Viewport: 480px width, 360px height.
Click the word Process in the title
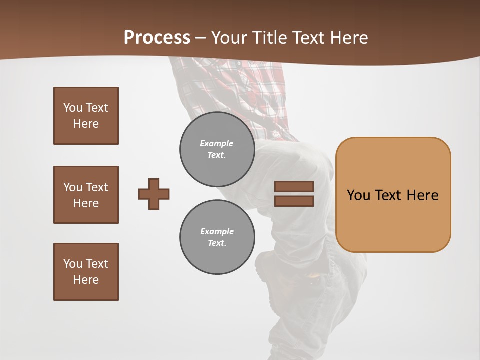[x=157, y=38]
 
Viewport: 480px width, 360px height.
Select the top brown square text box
[x=86, y=116]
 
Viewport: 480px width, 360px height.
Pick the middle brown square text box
[x=86, y=195]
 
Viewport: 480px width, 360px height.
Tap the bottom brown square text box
[x=86, y=272]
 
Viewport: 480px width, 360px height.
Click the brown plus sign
[x=154, y=194]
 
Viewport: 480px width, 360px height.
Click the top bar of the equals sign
[x=294, y=186]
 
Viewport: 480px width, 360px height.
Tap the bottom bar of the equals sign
[x=294, y=201]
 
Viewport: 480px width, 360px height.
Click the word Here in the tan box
[x=422, y=195]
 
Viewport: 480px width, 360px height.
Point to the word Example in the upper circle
[x=216, y=143]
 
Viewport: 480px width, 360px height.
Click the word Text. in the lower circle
[x=217, y=243]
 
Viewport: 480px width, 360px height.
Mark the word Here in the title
[x=350, y=38]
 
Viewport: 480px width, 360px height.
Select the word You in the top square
[x=72, y=108]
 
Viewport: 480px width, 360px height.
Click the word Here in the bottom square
[x=86, y=280]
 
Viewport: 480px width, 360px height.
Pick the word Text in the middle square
[x=96, y=187]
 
